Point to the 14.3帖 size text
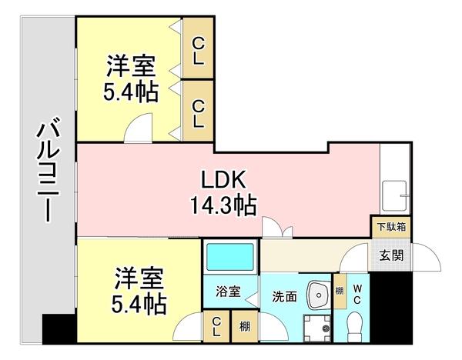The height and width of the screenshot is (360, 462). pyautogui.click(x=224, y=205)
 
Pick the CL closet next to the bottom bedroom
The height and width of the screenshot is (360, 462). pyautogui.click(x=219, y=327)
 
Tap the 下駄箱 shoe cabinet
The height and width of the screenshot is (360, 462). pyautogui.click(x=393, y=228)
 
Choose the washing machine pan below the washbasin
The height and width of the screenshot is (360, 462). pyautogui.click(x=316, y=327)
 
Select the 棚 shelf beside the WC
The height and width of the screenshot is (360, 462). pyautogui.click(x=340, y=292)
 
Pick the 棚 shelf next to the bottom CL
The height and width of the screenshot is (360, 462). pyautogui.click(x=245, y=327)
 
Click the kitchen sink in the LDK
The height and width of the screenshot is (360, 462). pyautogui.click(x=397, y=195)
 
